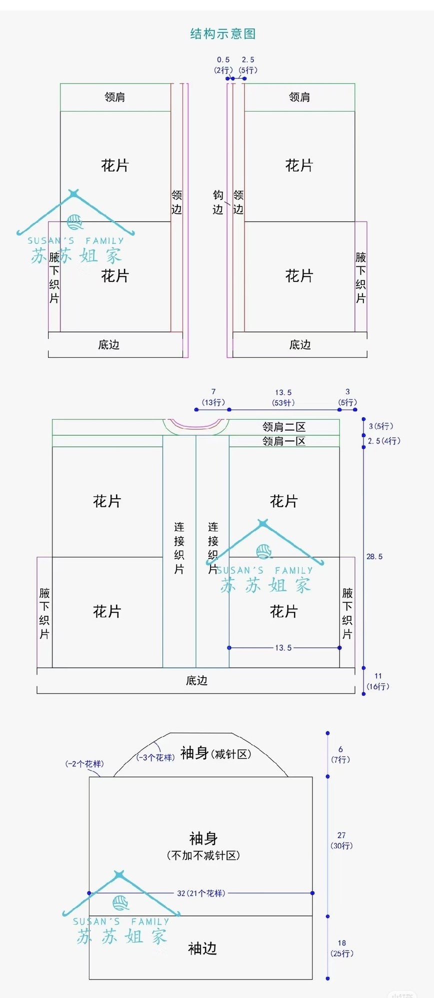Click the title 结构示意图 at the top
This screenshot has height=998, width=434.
(223, 34)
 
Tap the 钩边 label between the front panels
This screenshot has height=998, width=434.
(218, 202)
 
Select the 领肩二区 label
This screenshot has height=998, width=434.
(283, 427)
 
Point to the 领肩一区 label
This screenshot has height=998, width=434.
(283, 441)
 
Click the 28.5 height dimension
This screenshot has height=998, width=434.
(374, 557)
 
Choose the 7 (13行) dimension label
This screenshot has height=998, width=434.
(213, 397)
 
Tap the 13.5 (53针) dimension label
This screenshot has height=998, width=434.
(283, 398)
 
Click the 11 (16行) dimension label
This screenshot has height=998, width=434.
(378, 681)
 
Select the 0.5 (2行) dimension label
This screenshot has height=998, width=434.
(223, 65)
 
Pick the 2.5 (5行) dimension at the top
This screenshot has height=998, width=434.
(248, 65)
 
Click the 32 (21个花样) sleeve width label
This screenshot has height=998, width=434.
(201, 893)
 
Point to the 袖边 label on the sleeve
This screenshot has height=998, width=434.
(202, 949)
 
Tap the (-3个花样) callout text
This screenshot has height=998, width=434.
(155, 758)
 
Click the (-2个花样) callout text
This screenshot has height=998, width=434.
(84, 764)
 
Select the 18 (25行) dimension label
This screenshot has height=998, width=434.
(342, 948)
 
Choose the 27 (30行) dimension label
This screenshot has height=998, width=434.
(341, 840)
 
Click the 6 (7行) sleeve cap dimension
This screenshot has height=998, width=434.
(340, 754)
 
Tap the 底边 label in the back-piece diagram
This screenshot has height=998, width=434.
(196, 681)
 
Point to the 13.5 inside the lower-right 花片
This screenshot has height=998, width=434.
(283, 648)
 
